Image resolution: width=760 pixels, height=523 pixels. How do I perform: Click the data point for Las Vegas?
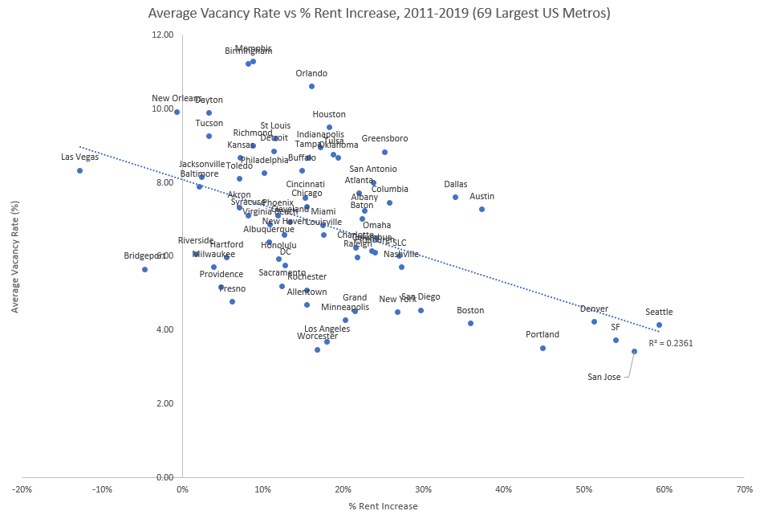[x=79, y=170]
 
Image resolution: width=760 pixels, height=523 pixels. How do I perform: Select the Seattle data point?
[x=659, y=325]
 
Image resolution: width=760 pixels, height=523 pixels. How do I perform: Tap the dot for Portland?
[x=543, y=348]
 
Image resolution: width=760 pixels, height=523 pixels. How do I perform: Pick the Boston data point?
[x=470, y=323]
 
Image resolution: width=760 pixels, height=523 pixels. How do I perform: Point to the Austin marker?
[x=482, y=209]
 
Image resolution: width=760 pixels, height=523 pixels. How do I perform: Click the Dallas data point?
[x=455, y=197]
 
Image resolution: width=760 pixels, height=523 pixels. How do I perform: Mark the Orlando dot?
[x=311, y=86]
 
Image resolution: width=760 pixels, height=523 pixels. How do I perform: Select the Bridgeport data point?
[x=144, y=269]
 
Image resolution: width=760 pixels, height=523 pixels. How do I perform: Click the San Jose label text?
[x=604, y=377]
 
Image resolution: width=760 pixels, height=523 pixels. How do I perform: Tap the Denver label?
[x=594, y=308]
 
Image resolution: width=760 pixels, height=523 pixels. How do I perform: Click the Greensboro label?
[x=384, y=138]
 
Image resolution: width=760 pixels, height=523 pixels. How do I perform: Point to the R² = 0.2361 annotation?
[x=670, y=343]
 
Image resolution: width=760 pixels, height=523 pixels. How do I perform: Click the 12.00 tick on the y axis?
[x=163, y=35]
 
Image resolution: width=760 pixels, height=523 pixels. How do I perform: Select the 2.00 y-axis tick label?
[x=165, y=403]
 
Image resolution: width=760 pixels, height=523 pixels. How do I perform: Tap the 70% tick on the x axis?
[x=744, y=489]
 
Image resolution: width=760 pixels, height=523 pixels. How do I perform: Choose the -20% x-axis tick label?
[x=22, y=489]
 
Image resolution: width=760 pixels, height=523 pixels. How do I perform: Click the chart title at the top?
[x=380, y=13]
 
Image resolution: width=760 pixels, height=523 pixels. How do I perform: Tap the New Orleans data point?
[x=177, y=112]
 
